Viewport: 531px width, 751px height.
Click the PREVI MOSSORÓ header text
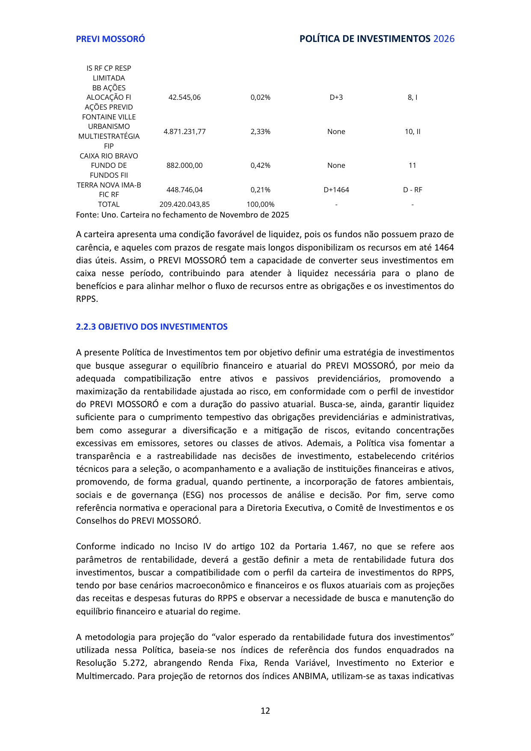(x=110, y=39)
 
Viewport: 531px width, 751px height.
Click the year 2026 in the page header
(x=444, y=39)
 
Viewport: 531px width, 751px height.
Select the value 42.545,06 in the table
(x=184, y=98)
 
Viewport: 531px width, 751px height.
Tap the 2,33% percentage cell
(x=260, y=132)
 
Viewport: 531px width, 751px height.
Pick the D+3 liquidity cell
(x=336, y=98)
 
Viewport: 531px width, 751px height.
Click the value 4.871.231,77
(x=184, y=132)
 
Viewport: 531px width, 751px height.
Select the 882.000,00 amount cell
(x=184, y=166)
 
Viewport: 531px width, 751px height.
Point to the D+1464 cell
(x=336, y=190)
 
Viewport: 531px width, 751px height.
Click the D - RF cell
(x=412, y=190)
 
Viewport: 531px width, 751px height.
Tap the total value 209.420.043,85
(x=184, y=205)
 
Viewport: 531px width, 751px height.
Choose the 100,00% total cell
(x=260, y=205)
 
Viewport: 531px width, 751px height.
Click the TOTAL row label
(x=109, y=205)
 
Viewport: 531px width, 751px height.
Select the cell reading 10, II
(x=412, y=132)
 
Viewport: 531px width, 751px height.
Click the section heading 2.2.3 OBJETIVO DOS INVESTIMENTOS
(x=151, y=327)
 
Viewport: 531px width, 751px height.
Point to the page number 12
(x=265, y=711)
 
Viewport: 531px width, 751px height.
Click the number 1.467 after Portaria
(x=343, y=547)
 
